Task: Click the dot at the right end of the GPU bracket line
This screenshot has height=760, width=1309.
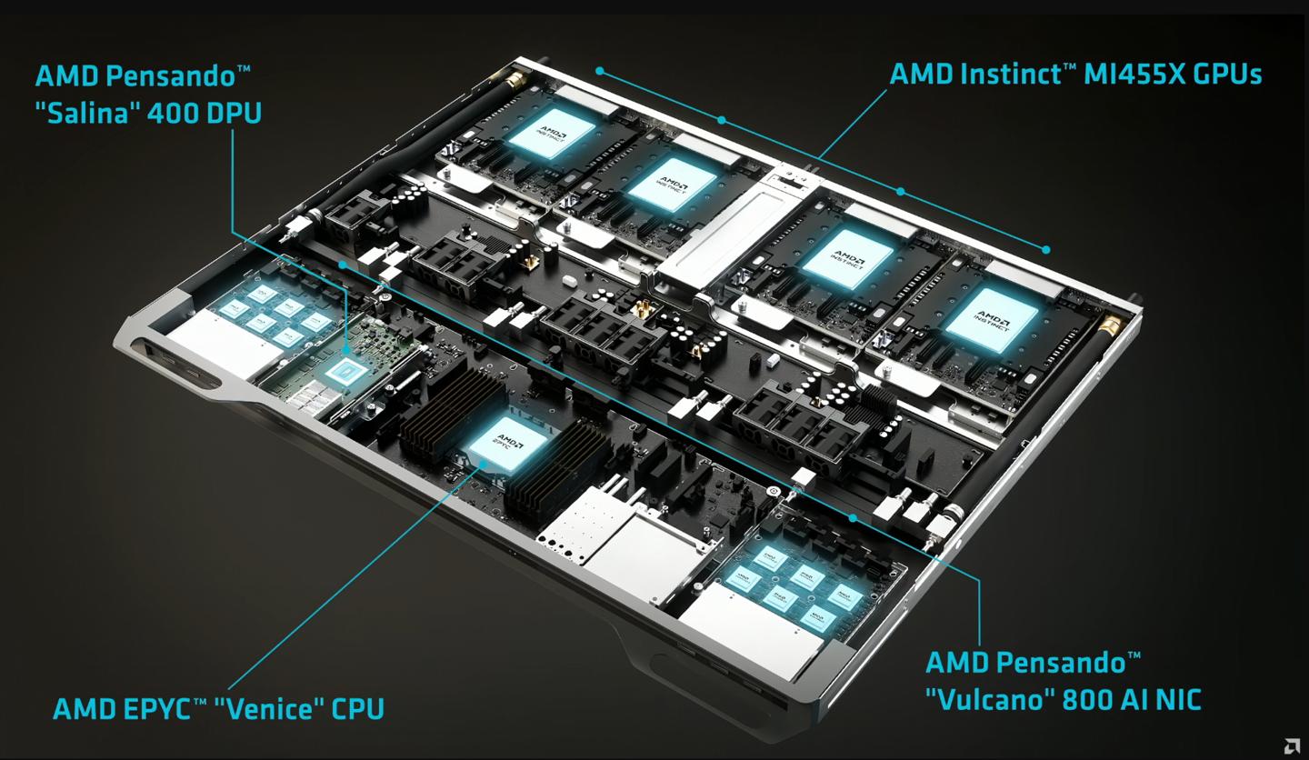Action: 1046,248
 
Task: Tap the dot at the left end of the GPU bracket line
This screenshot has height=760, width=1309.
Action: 600,69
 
